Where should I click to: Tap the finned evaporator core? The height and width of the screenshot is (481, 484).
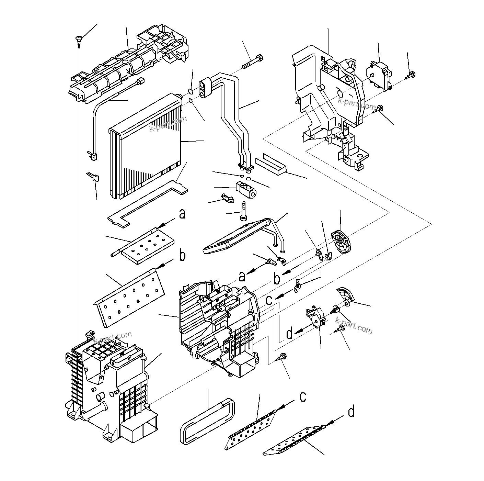pyautogui.click(x=146, y=148)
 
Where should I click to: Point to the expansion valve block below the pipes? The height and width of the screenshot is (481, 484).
pyautogui.click(x=246, y=190)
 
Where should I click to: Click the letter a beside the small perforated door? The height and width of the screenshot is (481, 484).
pyautogui.click(x=182, y=214)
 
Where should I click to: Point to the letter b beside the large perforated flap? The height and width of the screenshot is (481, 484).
pyautogui.click(x=183, y=256)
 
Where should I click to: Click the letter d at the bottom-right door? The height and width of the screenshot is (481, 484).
pyautogui.click(x=351, y=411)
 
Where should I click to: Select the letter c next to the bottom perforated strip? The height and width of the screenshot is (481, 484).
pyautogui.click(x=303, y=396)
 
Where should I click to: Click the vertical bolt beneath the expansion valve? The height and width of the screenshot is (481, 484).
pyautogui.click(x=243, y=211)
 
